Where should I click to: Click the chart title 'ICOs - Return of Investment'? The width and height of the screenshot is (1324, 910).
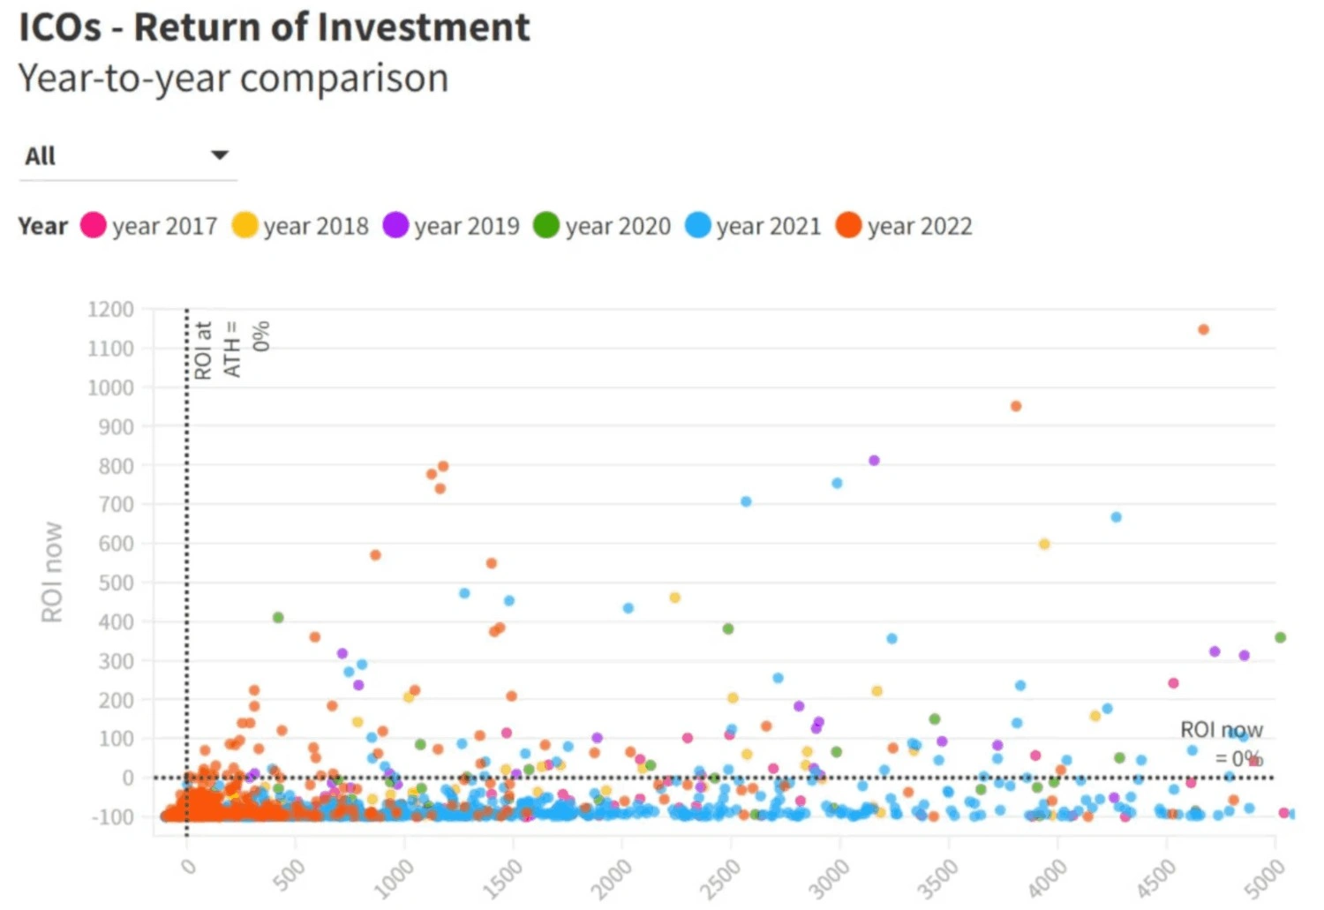pyautogui.click(x=275, y=27)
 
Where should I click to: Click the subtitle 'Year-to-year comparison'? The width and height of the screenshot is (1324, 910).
pyautogui.click(x=233, y=79)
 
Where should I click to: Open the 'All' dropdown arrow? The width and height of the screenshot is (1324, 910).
pyautogui.click(x=220, y=155)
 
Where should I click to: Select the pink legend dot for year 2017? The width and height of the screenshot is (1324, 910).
pyautogui.click(x=94, y=225)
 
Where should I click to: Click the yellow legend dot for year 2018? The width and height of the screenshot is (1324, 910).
pyautogui.click(x=244, y=225)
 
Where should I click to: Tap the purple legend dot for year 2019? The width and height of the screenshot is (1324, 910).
pyautogui.click(x=395, y=225)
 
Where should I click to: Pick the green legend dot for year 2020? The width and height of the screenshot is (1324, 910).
pyautogui.click(x=546, y=225)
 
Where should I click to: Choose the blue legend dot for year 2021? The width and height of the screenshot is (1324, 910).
pyautogui.click(x=697, y=225)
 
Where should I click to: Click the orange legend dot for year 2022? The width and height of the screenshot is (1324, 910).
pyautogui.click(x=848, y=225)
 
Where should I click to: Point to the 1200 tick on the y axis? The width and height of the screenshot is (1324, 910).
pyautogui.click(x=110, y=310)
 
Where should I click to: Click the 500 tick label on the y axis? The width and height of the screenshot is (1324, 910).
pyautogui.click(x=116, y=583)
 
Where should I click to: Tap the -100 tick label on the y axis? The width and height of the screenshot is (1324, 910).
pyautogui.click(x=112, y=816)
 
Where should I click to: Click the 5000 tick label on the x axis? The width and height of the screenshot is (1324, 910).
pyautogui.click(x=1267, y=876)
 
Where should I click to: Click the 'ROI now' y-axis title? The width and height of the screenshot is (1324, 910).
pyautogui.click(x=52, y=572)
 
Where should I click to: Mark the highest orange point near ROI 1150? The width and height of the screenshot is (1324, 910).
pyautogui.click(x=1203, y=329)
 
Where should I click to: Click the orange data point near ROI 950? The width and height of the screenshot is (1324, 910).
pyautogui.click(x=1016, y=406)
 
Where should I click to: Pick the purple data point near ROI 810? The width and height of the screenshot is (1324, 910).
pyautogui.click(x=874, y=460)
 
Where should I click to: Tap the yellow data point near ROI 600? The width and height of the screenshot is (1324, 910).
pyautogui.click(x=1044, y=544)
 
